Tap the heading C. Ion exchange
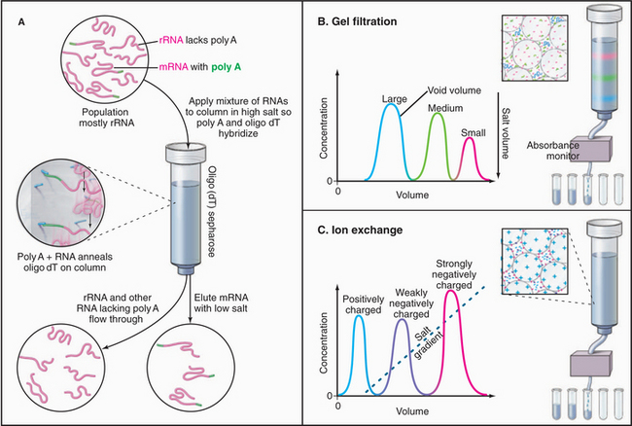(x=374, y=232)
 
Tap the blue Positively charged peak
(x=359, y=350)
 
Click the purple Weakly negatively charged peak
(x=403, y=350)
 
